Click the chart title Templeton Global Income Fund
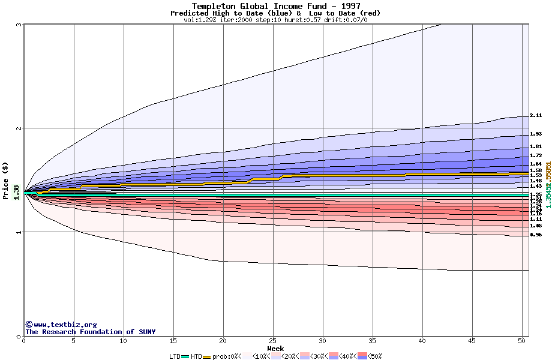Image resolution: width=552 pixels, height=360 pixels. pyautogui.click(x=276, y=6)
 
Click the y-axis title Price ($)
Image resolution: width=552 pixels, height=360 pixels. pyautogui.click(x=5, y=181)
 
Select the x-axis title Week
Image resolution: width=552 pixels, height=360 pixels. pyautogui.click(x=275, y=348)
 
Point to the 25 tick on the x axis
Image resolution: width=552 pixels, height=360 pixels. pyautogui.click(x=273, y=341)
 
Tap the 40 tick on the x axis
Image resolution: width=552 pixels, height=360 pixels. pyautogui.click(x=422, y=341)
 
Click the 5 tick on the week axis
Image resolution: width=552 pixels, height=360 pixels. pyautogui.click(x=74, y=341)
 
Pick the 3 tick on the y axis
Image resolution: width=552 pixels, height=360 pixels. pyautogui.click(x=19, y=25)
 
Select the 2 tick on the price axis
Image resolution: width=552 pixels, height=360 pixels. pyautogui.click(x=19, y=128)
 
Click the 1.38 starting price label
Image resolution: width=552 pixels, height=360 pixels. pyautogui.click(x=16, y=193)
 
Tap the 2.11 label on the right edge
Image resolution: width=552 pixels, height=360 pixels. pyautogui.click(x=536, y=115)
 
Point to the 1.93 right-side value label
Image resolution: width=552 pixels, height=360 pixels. pyautogui.click(x=536, y=134)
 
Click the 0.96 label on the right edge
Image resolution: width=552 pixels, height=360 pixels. pyautogui.click(x=536, y=235)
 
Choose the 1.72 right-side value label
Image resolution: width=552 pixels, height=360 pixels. pyautogui.click(x=536, y=155)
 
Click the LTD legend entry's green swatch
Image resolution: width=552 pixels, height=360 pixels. pyautogui.click(x=185, y=356)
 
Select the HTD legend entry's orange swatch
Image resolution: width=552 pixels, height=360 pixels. pyautogui.click(x=207, y=356)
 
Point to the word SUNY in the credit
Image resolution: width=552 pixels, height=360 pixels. pyautogui.click(x=146, y=332)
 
